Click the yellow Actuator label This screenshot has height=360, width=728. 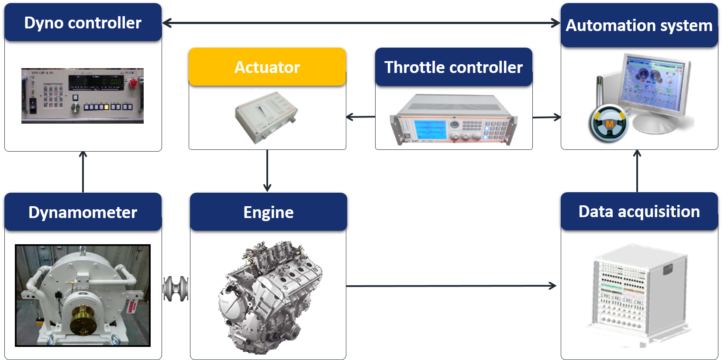[267, 67]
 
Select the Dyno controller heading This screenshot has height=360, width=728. [83, 23]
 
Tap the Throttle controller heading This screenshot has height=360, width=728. [453, 67]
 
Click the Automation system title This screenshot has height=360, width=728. [639, 25]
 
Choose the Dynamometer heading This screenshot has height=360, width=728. [83, 212]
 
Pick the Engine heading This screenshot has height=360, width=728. [268, 212]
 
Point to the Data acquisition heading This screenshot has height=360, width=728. [639, 211]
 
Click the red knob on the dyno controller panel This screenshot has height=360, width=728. [133, 83]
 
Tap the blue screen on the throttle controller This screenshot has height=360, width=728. [430, 130]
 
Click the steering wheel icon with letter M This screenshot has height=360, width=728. [609, 124]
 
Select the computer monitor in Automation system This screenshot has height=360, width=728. [653, 85]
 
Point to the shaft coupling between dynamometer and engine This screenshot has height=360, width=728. [176, 289]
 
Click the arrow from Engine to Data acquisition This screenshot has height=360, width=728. [450, 286]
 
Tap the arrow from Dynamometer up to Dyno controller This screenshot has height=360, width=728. [83, 172]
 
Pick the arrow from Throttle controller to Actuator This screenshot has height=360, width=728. [360, 117]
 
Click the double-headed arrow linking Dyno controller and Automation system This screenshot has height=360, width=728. [361, 23]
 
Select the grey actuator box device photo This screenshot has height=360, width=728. [266, 117]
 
